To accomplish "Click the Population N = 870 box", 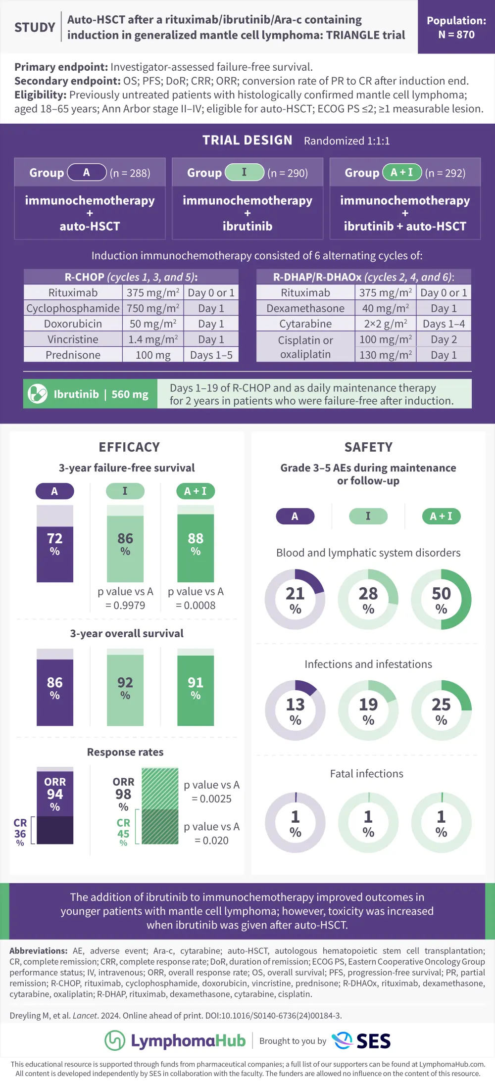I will (x=456, y=27).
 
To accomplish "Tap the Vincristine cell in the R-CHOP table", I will (x=73, y=339).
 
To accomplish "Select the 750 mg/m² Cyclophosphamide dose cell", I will (x=153, y=308).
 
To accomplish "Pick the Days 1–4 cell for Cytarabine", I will (x=444, y=324).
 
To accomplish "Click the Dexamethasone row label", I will (x=305, y=308).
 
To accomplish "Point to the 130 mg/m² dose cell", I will (x=385, y=355).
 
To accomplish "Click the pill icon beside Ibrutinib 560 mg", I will (x=38, y=394).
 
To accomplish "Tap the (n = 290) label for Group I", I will (x=288, y=173).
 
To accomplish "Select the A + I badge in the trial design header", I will (x=401, y=172).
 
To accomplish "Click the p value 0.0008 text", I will (x=196, y=605).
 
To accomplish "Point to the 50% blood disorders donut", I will (x=441, y=599).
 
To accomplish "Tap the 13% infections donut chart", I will (x=295, y=710).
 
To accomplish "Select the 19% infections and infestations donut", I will (x=368, y=710).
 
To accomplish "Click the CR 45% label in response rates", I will (x=123, y=832).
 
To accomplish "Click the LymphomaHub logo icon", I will (x=115, y=1040).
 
